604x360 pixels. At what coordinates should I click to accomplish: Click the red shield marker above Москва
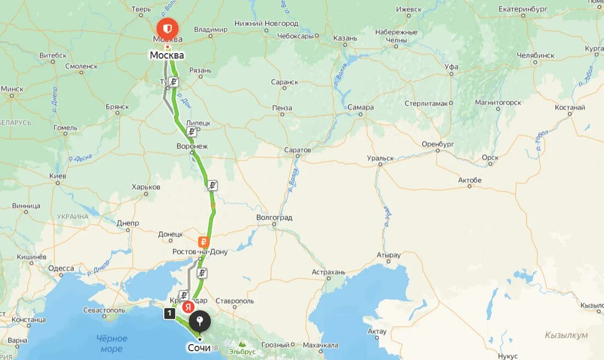(167, 28)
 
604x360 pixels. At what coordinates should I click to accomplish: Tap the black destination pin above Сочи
(200, 321)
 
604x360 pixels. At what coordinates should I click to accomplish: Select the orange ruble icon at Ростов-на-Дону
(203, 242)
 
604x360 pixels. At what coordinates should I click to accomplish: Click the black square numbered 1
(170, 313)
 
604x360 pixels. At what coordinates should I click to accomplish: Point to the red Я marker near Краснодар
(188, 307)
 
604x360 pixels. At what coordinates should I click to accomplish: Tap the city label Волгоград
(274, 218)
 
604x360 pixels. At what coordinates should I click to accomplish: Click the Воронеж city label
(192, 146)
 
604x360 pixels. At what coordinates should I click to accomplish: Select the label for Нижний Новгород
(266, 24)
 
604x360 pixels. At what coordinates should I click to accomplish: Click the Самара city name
(360, 107)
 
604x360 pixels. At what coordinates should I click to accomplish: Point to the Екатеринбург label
(523, 9)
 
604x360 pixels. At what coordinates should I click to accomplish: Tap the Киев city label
(57, 176)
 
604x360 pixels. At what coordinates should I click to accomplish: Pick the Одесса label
(61, 268)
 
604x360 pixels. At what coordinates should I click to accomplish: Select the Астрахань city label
(329, 272)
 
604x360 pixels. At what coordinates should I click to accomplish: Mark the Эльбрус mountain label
(242, 351)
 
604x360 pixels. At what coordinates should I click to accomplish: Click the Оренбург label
(438, 144)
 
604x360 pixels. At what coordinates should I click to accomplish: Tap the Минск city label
(12, 89)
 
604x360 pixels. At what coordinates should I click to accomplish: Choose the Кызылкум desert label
(566, 335)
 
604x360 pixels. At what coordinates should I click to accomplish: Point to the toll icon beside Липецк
(191, 132)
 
